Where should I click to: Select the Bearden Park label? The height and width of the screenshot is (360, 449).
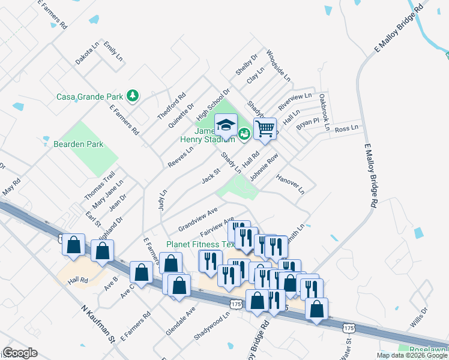click(79, 144)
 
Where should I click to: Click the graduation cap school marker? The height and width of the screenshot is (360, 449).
click(226, 125)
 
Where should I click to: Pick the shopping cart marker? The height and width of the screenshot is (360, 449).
click(265, 128)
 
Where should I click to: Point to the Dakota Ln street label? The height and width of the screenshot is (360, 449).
click(87, 53)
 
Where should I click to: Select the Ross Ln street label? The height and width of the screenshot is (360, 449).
click(346, 128)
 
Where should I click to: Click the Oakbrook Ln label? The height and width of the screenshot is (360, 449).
click(324, 112)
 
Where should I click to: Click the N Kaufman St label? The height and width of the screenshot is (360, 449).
click(98, 322)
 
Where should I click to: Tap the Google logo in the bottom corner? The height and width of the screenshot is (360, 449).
click(20, 353)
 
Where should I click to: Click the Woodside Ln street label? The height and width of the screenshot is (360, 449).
click(278, 66)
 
